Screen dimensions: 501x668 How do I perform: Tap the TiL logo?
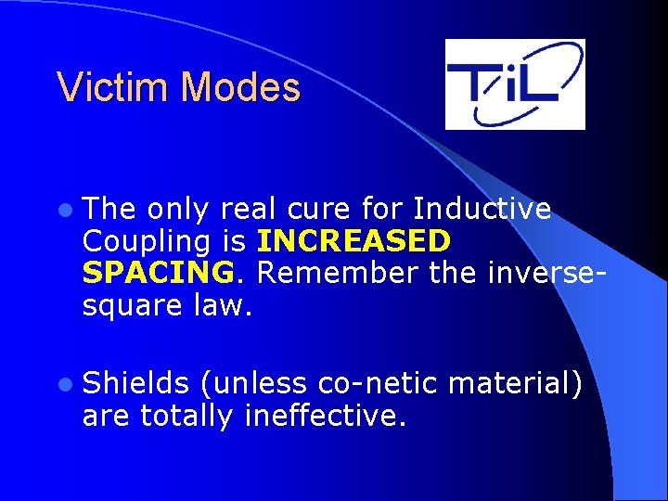[x=515, y=83]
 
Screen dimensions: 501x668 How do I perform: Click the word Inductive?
[x=482, y=209]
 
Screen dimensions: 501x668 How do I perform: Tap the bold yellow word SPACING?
[x=158, y=272]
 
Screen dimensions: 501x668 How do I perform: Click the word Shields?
[x=135, y=384]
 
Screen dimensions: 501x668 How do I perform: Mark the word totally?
[x=186, y=416]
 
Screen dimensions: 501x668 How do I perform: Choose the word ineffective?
[x=324, y=416]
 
